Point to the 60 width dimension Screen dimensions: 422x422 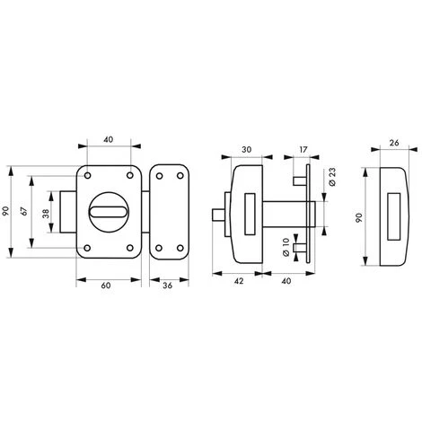(107, 286)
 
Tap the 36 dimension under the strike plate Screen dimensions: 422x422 (167, 286)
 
